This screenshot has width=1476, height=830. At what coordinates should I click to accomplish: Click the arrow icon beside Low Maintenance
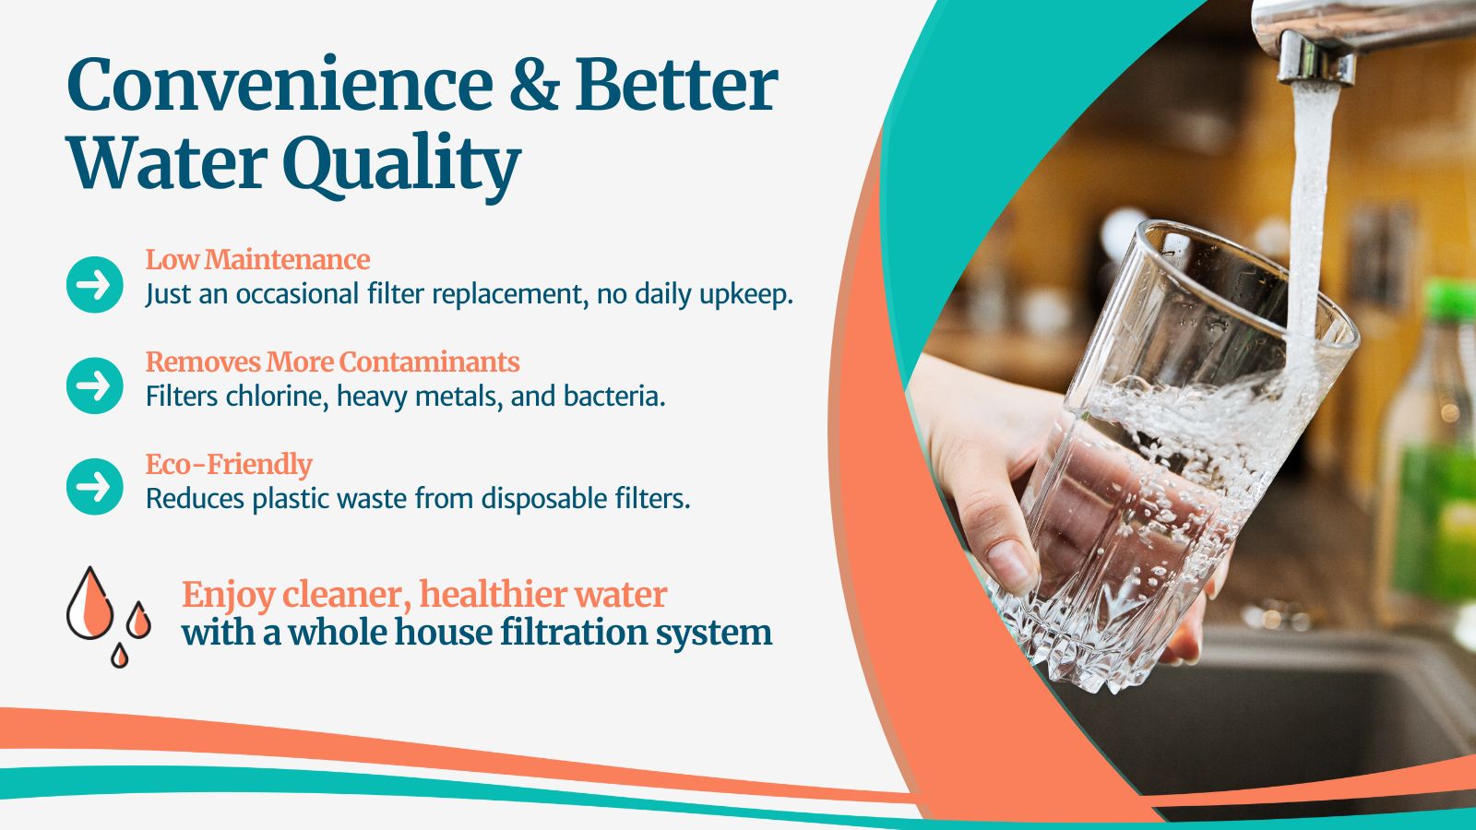(95, 285)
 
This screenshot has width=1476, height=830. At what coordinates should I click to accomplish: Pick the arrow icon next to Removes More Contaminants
(95, 386)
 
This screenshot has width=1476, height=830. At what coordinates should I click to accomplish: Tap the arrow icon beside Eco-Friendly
(95, 487)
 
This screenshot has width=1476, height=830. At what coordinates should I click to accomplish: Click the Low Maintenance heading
(257, 259)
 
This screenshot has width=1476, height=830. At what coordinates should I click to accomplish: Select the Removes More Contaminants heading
(333, 362)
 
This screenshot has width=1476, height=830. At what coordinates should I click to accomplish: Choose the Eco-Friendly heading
(229, 465)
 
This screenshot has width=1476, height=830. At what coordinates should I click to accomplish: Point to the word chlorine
(277, 396)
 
